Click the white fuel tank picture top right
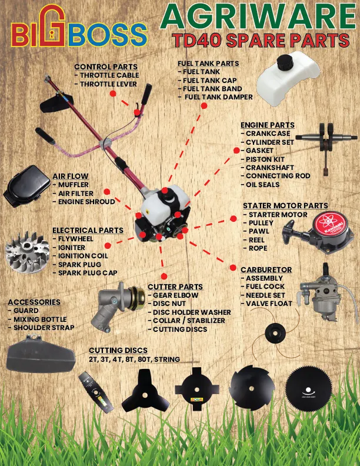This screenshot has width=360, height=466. (x=288, y=79)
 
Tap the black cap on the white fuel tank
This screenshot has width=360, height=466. (x=285, y=62)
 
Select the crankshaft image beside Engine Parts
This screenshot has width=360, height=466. (x=326, y=142)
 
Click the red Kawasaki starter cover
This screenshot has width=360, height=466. (x=329, y=225)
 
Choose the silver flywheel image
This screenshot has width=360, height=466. (x=27, y=252)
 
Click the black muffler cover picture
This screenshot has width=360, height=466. (x=26, y=187)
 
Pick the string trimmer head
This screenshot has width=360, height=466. (x=275, y=332)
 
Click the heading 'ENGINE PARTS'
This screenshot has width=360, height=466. (x=267, y=125)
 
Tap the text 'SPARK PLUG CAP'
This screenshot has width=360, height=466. (x=88, y=273)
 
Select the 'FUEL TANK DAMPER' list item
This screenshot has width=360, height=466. (x=219, y=97)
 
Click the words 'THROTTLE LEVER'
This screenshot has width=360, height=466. (x=108, y=84)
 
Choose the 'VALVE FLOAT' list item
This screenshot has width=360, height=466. (x=269, y=304)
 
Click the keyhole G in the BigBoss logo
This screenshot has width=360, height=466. (x=52, y=26)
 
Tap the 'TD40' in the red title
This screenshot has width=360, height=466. (x=196, y=41)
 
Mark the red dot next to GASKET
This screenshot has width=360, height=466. (x=236, y=151)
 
